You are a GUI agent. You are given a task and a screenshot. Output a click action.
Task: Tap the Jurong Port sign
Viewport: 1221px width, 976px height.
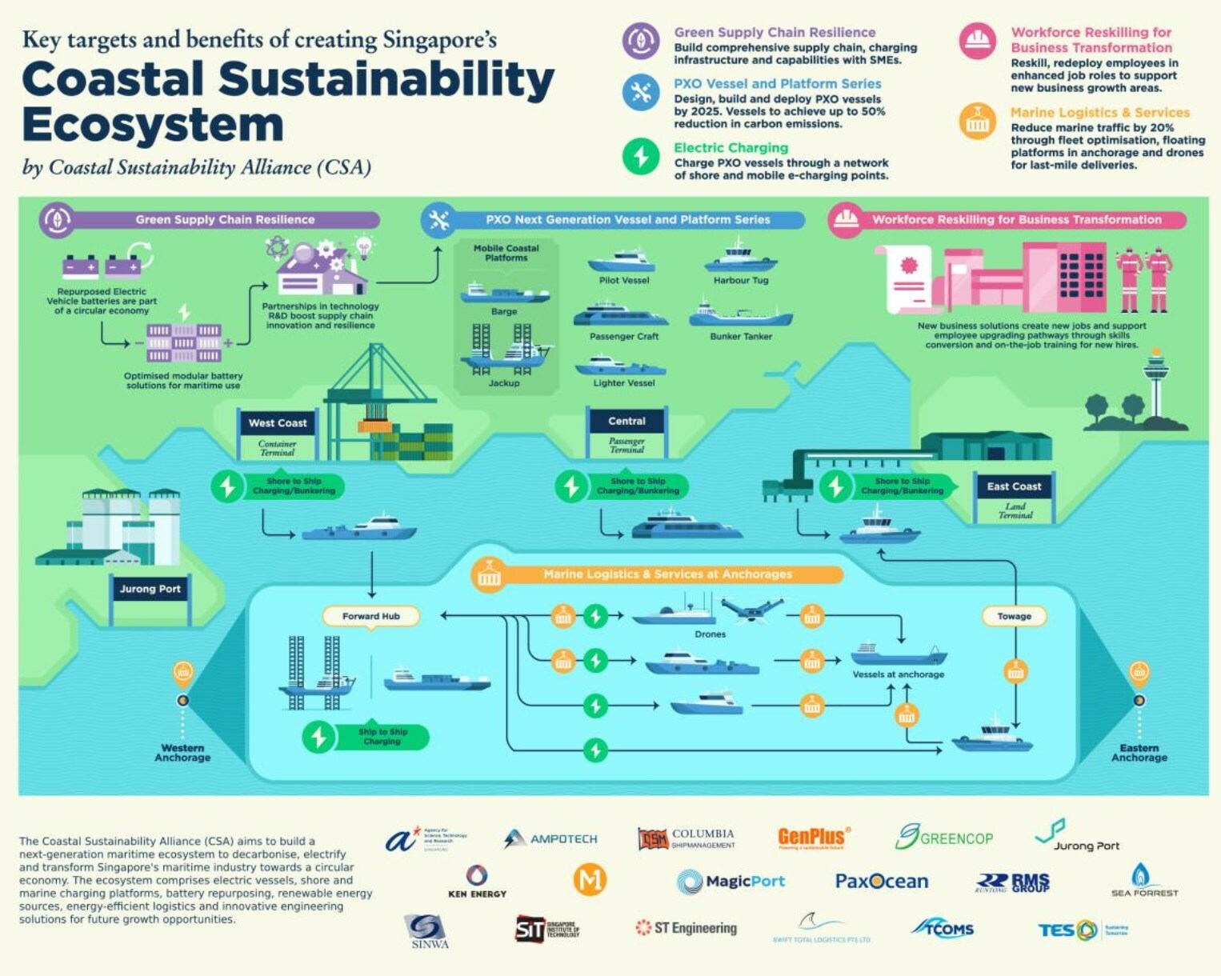(150, 590)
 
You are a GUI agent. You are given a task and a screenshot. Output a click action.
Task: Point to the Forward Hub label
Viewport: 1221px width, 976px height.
(370, 616)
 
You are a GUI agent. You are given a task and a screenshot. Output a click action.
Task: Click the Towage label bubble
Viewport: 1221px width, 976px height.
(1014, 616)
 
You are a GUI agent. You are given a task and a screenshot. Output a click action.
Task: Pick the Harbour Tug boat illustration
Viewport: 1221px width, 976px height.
(740, 258)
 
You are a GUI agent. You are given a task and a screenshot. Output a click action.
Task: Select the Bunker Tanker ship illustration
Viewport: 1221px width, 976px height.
(740, 314)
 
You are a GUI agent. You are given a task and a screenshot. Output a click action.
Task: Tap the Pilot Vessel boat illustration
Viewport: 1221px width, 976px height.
(622, 262)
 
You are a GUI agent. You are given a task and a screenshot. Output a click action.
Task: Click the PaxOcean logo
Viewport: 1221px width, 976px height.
(881, 882)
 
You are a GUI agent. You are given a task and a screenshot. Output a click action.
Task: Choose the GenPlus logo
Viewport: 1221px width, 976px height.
(813, 838)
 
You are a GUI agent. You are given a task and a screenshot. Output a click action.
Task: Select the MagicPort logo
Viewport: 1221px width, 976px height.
(731, 882)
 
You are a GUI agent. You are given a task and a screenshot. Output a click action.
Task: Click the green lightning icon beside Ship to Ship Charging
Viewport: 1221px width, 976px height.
(318, 736)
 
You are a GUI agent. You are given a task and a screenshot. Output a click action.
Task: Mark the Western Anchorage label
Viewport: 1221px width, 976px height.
(182, 753)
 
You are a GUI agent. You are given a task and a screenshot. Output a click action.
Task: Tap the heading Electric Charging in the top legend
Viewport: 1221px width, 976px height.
(731, 148)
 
